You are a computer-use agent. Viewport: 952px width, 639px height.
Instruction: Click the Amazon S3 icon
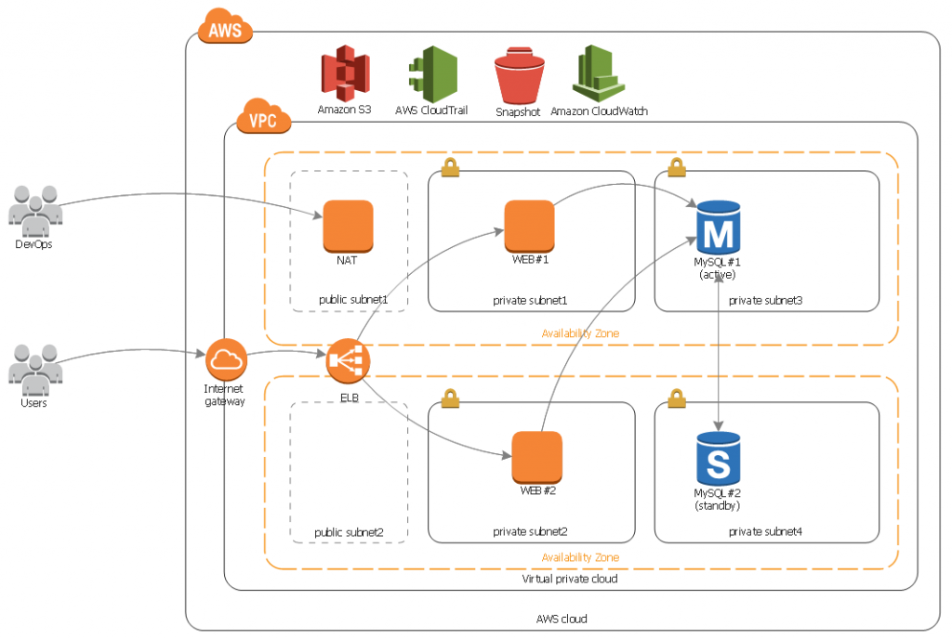coord(346,72)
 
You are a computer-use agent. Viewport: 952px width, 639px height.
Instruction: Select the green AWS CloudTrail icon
coord(433,74)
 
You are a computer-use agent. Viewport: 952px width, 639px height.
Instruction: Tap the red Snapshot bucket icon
coord(519,76)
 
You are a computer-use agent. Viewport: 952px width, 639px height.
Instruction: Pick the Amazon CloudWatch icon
coord(599,73)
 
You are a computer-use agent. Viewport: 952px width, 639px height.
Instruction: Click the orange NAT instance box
coord(348,226)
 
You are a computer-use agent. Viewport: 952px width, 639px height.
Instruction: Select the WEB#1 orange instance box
coord(529,226)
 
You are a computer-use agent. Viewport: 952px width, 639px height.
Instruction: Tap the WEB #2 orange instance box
coord(537,457)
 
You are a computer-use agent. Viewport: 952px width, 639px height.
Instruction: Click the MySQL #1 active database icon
coord(719,228)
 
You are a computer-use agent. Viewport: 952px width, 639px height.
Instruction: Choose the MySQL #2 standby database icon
coord(719,459)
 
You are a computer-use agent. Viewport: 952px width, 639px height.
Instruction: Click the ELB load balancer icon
coord(348,360)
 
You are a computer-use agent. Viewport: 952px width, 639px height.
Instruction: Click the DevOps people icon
coord(35,211)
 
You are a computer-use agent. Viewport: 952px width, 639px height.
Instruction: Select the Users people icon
coord(35,370)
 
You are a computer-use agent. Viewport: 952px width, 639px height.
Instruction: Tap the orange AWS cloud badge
coord(225,26)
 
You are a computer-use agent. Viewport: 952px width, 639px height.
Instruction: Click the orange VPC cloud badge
coord(263,116)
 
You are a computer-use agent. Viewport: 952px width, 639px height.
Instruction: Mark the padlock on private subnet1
coord(450,167)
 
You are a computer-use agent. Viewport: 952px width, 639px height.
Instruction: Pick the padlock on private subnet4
coord(677,398)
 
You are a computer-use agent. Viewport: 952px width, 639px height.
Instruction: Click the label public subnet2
coord(350,532)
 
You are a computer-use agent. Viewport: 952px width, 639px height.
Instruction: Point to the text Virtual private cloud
coord(570,579)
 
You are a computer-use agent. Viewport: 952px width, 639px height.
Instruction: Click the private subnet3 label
coord(766,301)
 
